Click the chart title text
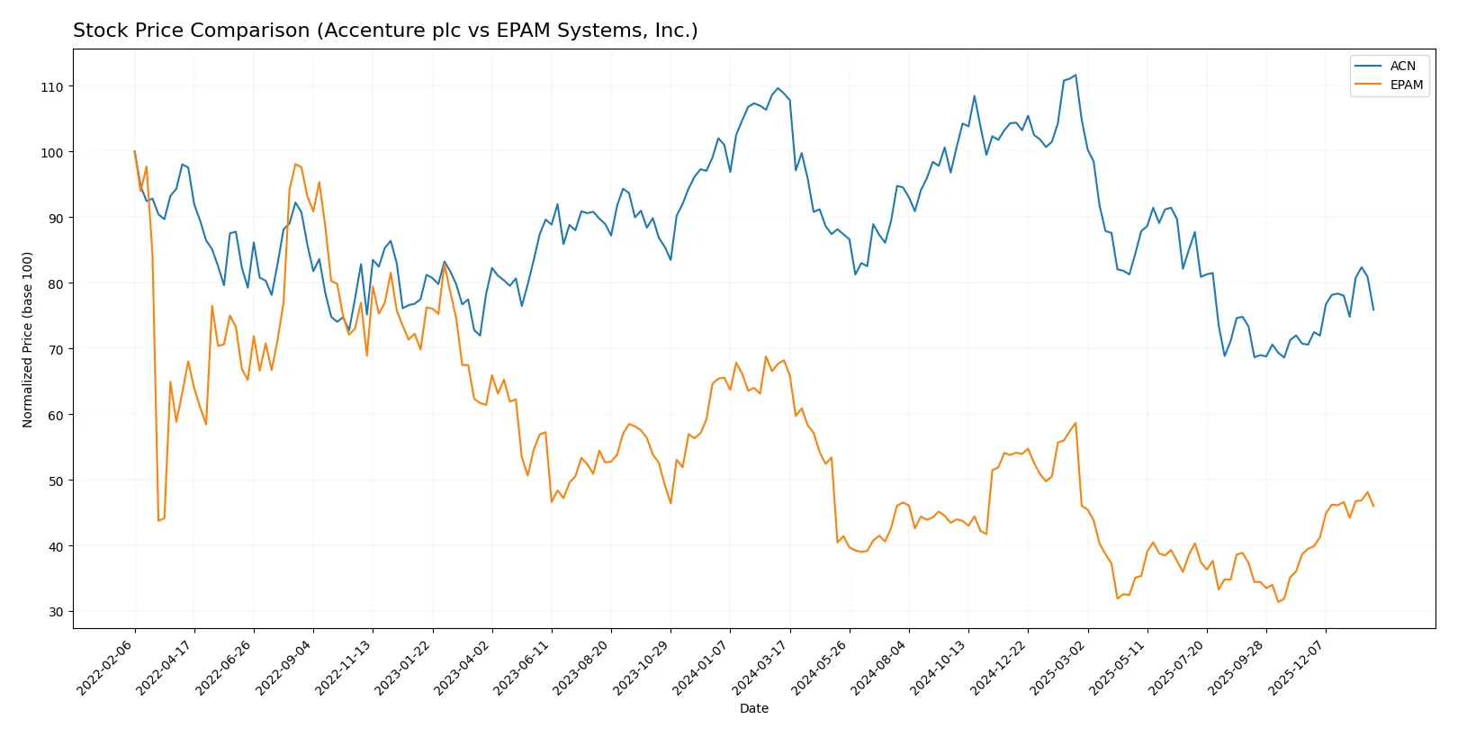point(385,31)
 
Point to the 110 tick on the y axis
point(52,87)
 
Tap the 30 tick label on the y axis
point(56,612)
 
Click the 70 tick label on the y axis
point(56,349)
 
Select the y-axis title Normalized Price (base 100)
point(28,339)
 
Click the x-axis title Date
point(753,708)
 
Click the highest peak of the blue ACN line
point(1075,75)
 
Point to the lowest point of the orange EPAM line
point(1278,602)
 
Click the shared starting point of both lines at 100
point(135,152)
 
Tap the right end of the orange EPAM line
point(1373,507)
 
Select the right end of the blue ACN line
point(1373,310)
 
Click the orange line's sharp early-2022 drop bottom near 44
point(158,520)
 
